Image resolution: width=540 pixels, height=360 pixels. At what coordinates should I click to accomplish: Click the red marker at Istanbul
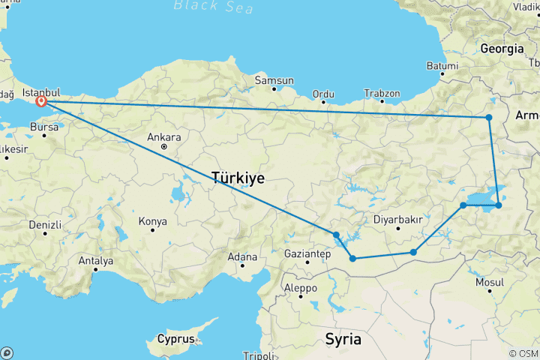(x=42, y=101)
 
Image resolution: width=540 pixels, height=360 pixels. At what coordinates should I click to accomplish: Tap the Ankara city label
(x=164, y=137)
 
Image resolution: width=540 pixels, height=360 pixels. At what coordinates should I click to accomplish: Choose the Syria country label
(x=343, y=339)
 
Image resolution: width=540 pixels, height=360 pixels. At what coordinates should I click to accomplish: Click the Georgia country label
(x=502, y=48)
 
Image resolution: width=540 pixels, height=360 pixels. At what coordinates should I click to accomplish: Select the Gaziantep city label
(x=307, y=254)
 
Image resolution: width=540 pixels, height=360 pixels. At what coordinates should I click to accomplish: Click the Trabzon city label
(x=382, y=94)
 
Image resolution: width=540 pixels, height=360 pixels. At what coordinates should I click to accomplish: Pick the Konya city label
(x=152, y=221)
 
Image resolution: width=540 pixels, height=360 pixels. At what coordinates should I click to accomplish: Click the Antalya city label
(x=95, y=261)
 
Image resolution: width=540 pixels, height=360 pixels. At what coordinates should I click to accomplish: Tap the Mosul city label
(x=489, y=282)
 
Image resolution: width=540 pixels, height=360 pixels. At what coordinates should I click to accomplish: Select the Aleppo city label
(x=300, y=288)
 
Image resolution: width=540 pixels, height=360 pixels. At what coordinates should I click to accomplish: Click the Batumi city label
(x=442, y=66)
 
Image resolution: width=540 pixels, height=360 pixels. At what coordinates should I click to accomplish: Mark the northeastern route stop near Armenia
(x=488, y=117)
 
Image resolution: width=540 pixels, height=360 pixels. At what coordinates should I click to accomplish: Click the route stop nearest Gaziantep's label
(x=352, y=259)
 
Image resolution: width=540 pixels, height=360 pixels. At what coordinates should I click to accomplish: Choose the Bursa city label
(x=44, y=127)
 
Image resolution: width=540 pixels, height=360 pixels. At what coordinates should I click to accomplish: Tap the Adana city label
(x=242, y=257)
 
